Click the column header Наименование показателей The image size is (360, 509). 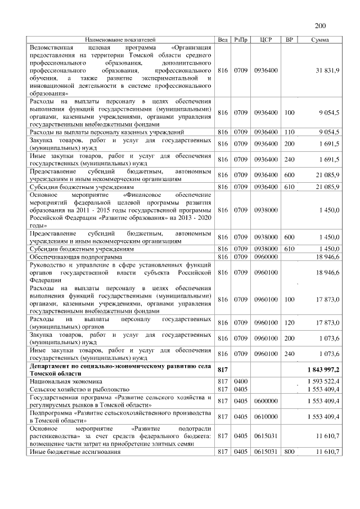click(120, 40)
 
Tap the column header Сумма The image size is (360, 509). click(320, 40)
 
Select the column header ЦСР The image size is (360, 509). click(267, 40)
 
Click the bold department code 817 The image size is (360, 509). click(223, 369)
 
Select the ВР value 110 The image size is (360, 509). click(290, 132)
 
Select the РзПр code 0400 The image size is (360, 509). click(241, 381)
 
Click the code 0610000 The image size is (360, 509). click(266, 417)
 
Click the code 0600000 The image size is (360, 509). click(266, 401)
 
